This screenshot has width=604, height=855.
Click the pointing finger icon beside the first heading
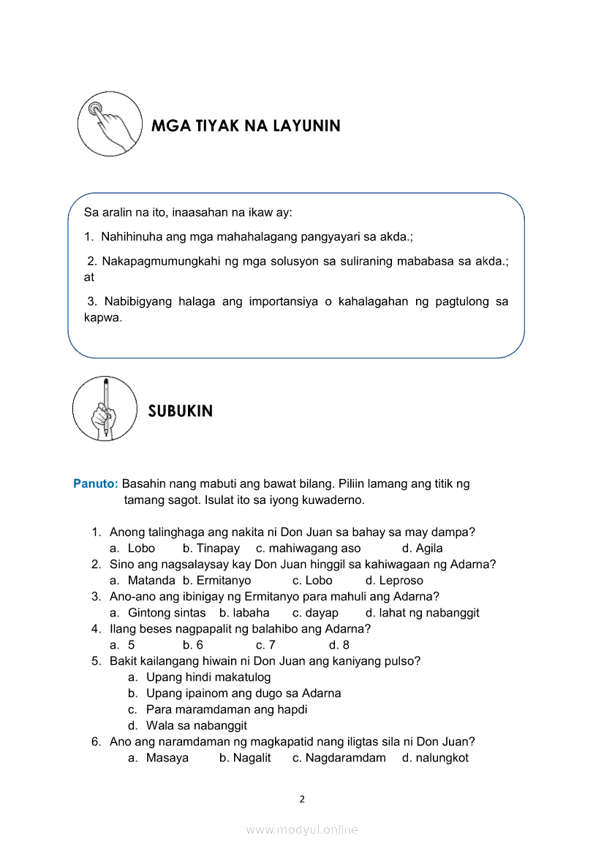[x=110, y=124]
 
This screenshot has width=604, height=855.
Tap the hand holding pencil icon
[x=105, y=408]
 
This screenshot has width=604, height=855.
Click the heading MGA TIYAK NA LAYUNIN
[x=246, y=126]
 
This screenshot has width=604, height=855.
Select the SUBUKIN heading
[x=181, y=411]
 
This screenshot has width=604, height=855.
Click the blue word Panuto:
[x=96, y=484]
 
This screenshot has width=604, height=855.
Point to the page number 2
[x=302, y=799]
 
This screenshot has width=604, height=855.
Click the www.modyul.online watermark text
[x=302, y=829]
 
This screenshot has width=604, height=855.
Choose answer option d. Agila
[x=422, y=549]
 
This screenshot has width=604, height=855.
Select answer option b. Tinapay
[x=211, y=549]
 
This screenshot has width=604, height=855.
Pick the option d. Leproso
[x=394, y=581]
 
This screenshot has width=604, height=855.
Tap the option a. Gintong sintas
[x=158, y=613]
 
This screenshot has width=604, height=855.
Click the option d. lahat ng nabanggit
[x=422, y=613]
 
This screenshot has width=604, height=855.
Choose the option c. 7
[x=265, y=645]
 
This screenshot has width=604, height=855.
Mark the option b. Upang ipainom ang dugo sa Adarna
[x=235, y=693]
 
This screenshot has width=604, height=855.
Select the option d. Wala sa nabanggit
[x=188, y=726]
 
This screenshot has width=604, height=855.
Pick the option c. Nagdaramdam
[x=339, y=758]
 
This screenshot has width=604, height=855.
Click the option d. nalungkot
[x=435, y=758]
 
